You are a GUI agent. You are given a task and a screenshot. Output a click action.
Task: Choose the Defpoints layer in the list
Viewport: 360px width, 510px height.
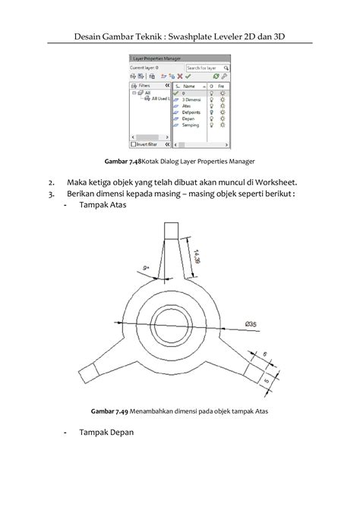pos(192,112)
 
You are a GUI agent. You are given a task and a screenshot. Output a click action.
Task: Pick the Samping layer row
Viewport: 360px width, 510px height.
pos(191,124)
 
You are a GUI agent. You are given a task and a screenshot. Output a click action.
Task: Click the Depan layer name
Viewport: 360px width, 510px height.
pos(189,118)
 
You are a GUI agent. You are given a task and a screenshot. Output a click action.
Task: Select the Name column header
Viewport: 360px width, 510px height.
pos(190,87)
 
